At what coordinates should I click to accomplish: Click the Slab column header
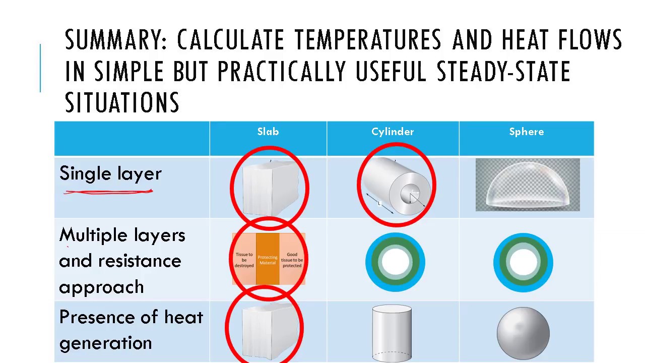point(268,132)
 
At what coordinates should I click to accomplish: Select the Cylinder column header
point(393,132)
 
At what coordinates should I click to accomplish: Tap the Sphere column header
point(527,132)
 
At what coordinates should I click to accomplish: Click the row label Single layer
point(110,173)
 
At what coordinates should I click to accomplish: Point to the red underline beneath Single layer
point(108,192)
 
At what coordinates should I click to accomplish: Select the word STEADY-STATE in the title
point(503,72)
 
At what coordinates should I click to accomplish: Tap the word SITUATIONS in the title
point(122,102)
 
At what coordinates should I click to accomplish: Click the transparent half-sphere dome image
point(528,185)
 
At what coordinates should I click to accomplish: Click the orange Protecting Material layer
point(268,260)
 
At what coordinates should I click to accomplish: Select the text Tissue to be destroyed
point(244,260)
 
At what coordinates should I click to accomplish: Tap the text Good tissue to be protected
point(292,260)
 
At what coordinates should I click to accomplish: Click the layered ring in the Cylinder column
point(395,262)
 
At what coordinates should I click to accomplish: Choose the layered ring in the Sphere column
point(523,262)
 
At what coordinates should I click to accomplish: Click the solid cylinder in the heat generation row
point(392,333)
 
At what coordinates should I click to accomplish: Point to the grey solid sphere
point(523,333)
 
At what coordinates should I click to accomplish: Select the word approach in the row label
point(101,287)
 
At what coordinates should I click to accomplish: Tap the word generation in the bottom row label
point(105,343)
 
